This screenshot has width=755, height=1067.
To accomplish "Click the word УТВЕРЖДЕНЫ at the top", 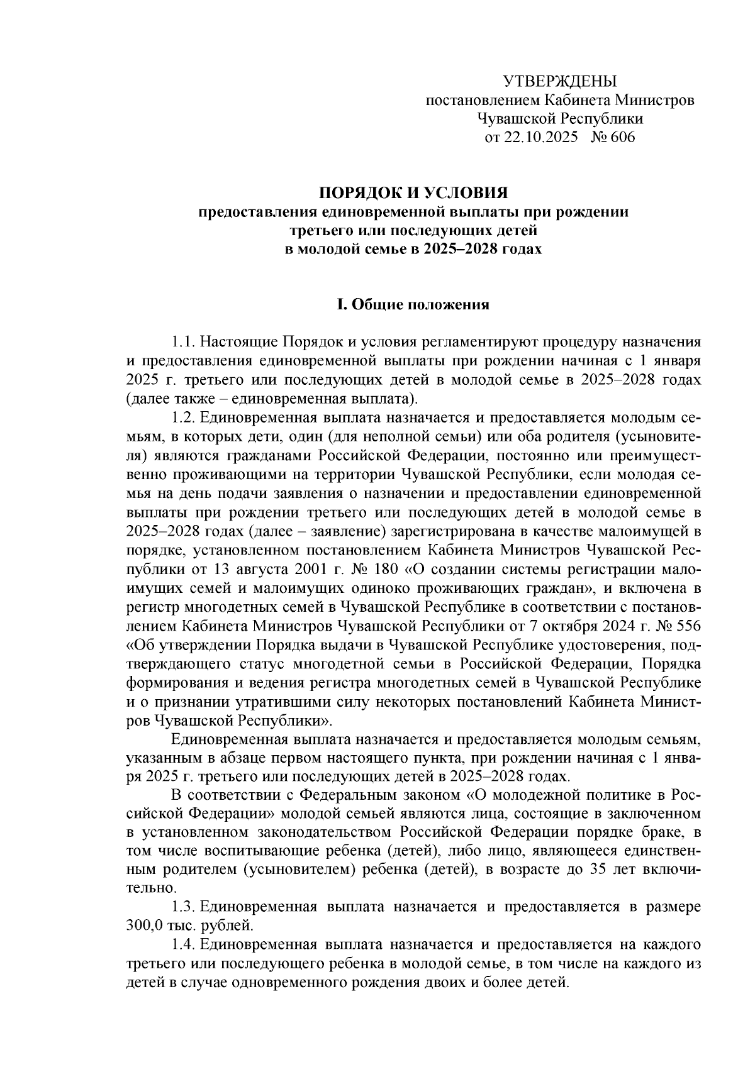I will pos(560,81).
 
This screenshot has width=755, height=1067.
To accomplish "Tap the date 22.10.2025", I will pos(540,138).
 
